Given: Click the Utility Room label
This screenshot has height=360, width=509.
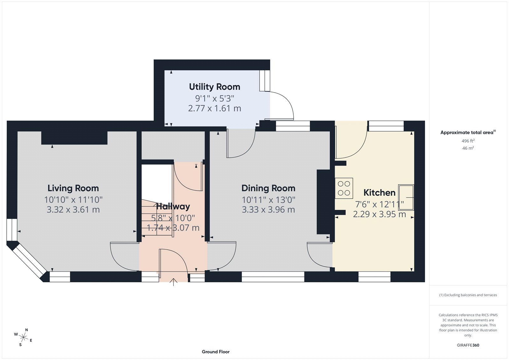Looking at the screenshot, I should [x=214, y=87].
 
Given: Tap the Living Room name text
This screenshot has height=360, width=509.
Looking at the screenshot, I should [x=73, y=188].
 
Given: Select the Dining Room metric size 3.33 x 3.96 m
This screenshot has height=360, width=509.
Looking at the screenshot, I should [x=268, y=210].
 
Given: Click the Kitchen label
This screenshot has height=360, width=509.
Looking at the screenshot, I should [x=379, y=193].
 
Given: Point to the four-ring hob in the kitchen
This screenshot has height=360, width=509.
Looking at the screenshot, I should [x=344, y=188].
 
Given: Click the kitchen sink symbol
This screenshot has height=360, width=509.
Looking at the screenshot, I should [x=406, y=197].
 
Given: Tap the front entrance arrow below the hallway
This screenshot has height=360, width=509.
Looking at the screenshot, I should [x=173, y=282].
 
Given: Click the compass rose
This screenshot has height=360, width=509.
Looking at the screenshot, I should [x=23, y=337].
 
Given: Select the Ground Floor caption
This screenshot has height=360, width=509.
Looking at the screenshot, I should [x=215, y=352].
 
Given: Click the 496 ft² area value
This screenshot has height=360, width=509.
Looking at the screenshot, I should [x=468, y=141].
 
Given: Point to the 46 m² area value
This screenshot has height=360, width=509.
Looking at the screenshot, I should [x=468, y=148].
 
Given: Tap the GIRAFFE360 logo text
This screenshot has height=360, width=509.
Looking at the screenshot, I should [x=468, y=345].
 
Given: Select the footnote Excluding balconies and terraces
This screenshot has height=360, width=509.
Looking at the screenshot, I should [x=468, y=295].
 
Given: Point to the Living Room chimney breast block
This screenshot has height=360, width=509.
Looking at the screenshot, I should [x=74, y=138].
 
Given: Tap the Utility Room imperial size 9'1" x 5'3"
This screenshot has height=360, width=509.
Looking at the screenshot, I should [x=214, y=98].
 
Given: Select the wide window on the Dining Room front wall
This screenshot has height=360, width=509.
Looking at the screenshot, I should [x=273, y=277].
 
